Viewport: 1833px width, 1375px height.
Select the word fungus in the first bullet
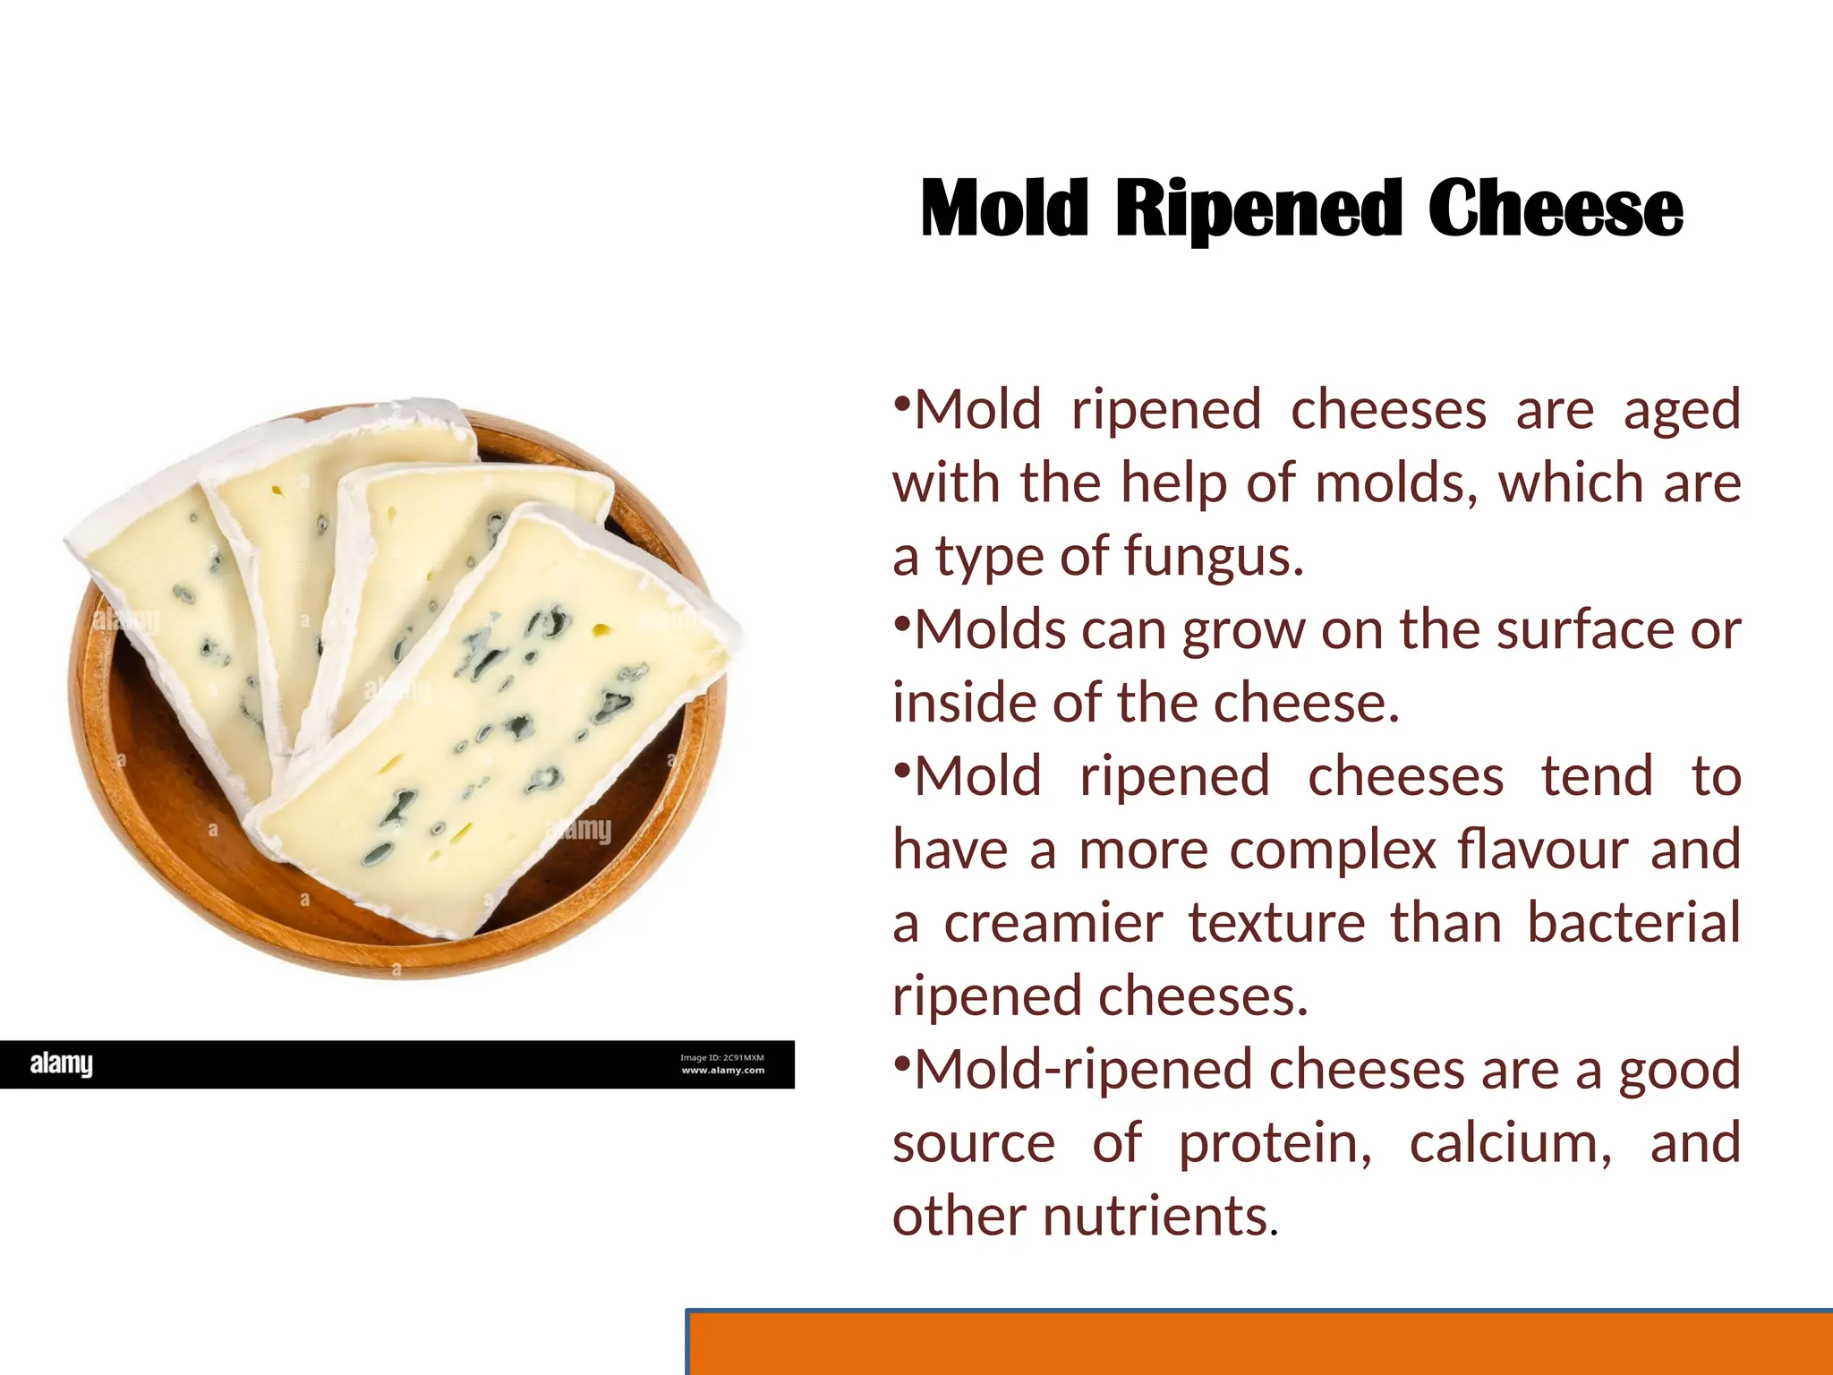click(x=1213, y=557)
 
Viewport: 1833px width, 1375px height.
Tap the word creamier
click(x=1053, y=923)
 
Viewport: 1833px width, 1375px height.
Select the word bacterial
click(x=1633, y=923)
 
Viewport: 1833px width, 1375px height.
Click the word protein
click(x=1275, y=1144)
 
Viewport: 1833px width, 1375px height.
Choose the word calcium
click(x=1511, y=1143)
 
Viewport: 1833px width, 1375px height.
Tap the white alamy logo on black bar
click(x=61, y=1063)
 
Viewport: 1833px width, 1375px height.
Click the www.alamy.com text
click(x=723, y=1070)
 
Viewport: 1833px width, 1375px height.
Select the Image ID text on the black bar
click(x=721, y=1057)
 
